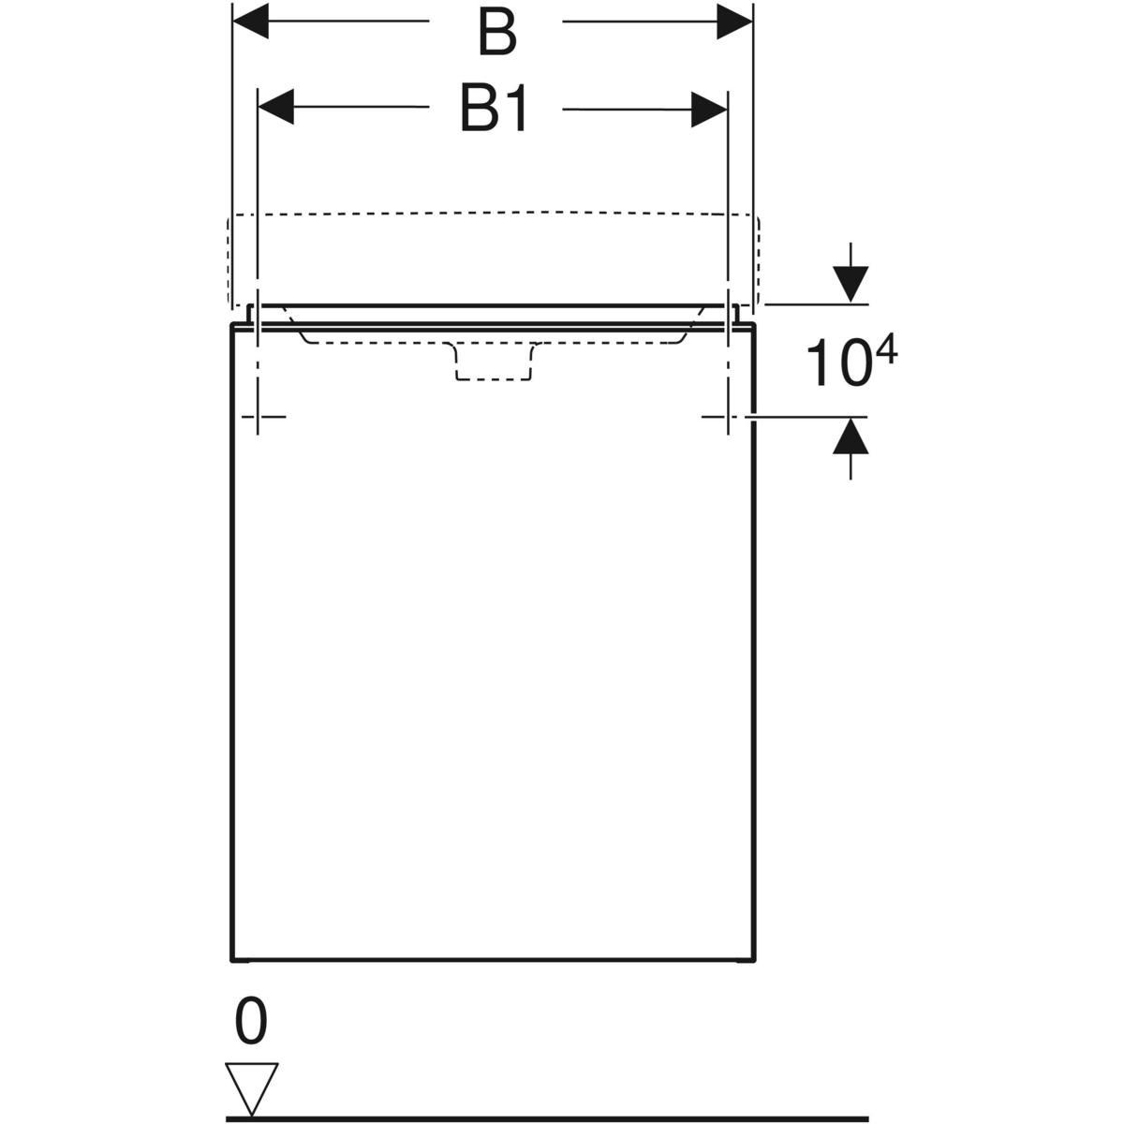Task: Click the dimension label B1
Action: (x=494, y=108)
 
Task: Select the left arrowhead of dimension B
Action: (x=251, y=21)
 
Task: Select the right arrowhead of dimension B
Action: (x=734, y=21)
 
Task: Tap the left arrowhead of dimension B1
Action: (x=276, y=107)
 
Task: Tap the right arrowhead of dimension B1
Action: (x=709, y=109)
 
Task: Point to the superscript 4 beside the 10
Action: (x=885, y=351)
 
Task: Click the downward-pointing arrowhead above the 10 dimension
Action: (x=850, y=284)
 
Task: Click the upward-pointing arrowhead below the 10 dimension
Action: (x=850, y=436)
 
